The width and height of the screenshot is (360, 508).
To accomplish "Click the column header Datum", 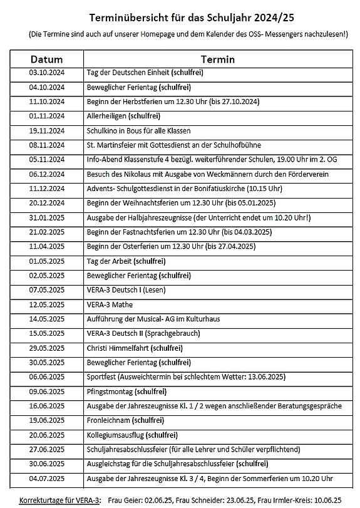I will (x=46, y=60).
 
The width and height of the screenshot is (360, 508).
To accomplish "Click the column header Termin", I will (x=217, y=60).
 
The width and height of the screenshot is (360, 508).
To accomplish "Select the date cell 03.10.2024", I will (x=46, y=73).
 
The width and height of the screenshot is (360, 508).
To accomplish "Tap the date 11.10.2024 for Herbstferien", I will (x=46, y=101).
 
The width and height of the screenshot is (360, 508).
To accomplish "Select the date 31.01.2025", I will (x=46, y=217).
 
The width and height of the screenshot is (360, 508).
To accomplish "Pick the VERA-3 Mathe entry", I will (x=110, y=304).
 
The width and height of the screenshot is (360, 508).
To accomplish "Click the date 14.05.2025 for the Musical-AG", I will (x=46, y=319).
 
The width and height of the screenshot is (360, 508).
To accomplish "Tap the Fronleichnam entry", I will (x=116, y=420).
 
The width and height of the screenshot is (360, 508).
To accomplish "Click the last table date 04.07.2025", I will (x=46, y=478).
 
